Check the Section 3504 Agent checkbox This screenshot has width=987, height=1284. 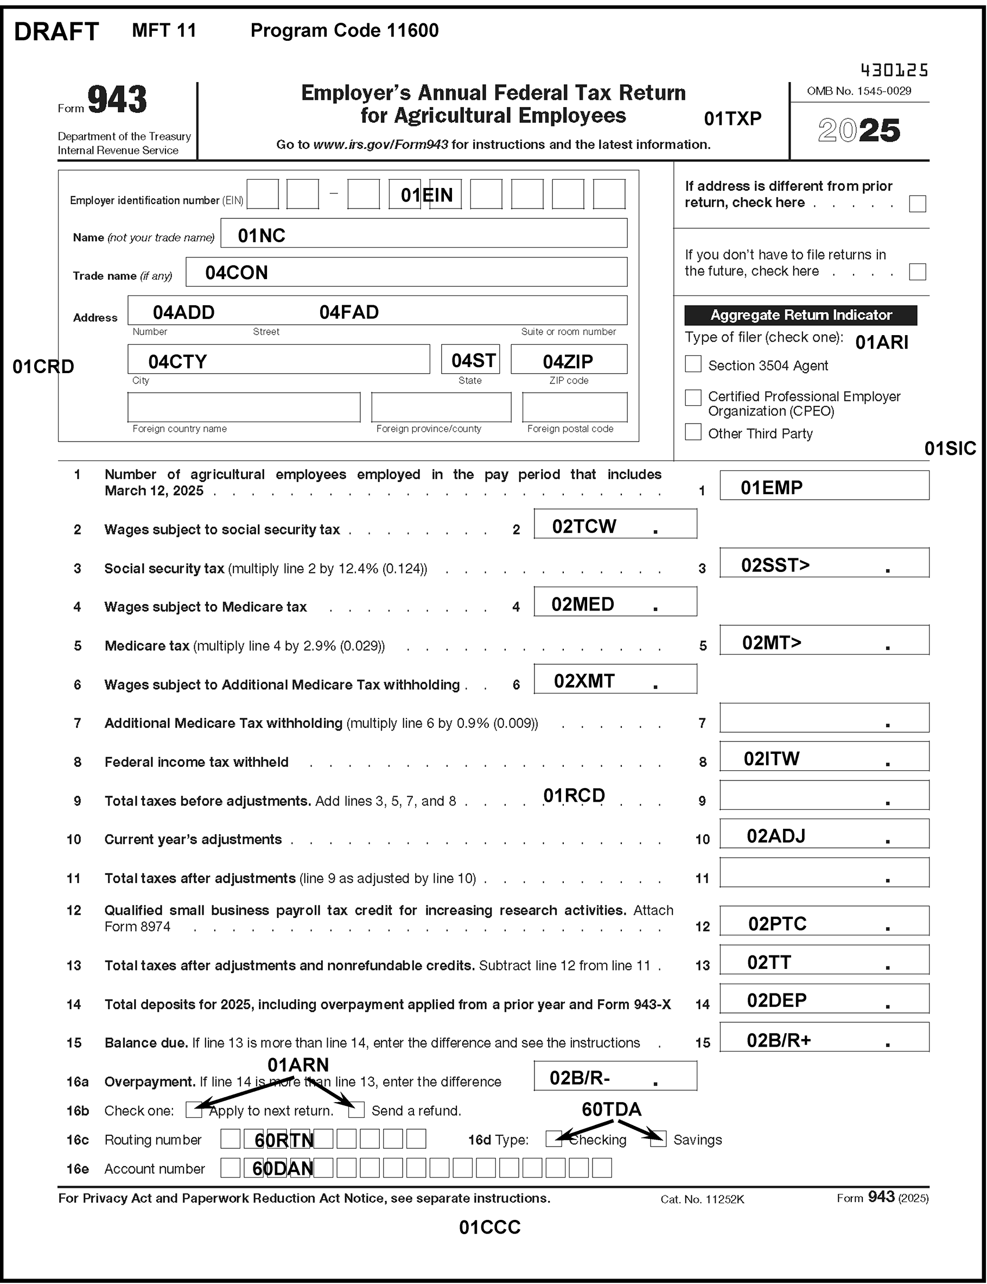point(693,364)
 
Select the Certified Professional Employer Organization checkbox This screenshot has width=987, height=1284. point(693,398)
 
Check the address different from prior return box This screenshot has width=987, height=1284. point(916,204)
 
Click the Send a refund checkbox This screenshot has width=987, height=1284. point(356,1110)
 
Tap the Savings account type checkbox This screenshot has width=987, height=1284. point(658,1139)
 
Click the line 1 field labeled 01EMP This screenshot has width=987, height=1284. point(824,486)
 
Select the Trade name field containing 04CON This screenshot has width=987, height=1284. point(406,272)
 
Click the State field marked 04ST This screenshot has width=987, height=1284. point(470,359)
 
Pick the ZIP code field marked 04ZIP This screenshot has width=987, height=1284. point(568,359)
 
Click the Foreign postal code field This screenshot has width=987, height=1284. point(574,407)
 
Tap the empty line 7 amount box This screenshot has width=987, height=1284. point(824,717)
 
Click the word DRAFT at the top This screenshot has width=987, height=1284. point(56,32)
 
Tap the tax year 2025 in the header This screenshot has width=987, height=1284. point(858,130)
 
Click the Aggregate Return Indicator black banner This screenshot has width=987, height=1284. point(800,315)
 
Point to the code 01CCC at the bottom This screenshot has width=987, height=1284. point(489,1227)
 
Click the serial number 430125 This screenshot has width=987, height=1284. point(894,71)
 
